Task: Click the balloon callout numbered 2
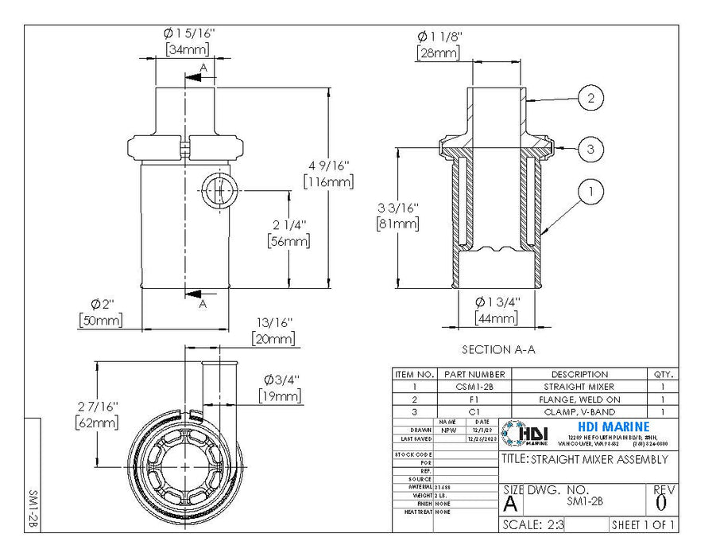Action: point(590,99)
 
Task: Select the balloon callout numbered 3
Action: point(590,149)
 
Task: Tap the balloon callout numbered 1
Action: point(590,192)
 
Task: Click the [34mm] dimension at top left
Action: point(188,49)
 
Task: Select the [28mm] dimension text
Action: point(438,53)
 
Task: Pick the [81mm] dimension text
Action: point(398,224)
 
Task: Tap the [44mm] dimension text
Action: point(496,318)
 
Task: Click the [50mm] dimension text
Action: point(101,320)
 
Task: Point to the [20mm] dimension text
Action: point(273,339)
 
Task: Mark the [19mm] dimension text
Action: point(280,395)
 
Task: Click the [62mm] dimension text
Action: point(96,423)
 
